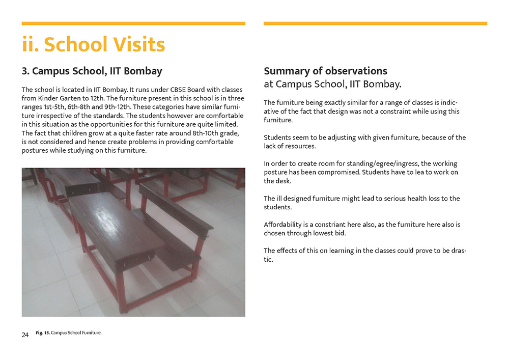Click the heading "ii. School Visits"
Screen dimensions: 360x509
tap(93, 44)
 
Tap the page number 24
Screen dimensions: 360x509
tap(25, 335)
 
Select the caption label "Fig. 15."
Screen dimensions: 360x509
tap(42, 333)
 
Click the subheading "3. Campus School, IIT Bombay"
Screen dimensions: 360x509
tap(92, 71)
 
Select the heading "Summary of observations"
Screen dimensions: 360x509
tap(325, 71)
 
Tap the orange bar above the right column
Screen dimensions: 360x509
tap(375, 23)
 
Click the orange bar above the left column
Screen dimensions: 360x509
tap(133, 23)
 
